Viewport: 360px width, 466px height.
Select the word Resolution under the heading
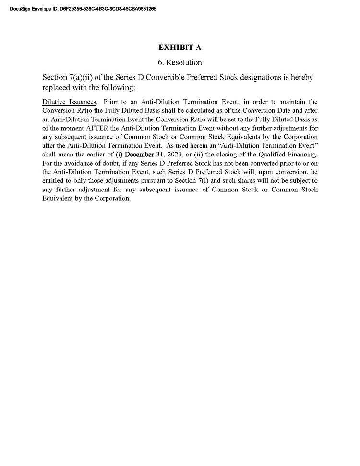pos(184,63)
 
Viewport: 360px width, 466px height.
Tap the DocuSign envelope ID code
pos(108,9)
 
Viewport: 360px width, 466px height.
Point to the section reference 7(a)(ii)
pos(84,77)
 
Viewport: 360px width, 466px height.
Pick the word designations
pos(262,77)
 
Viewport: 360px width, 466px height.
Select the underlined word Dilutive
pos(53,102)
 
